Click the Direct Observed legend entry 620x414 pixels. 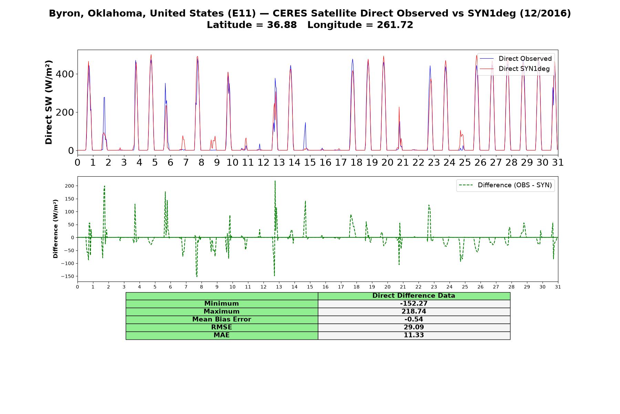516,59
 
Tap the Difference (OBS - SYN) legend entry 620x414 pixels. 505,185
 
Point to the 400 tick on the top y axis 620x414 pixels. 67,74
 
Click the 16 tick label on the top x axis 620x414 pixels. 325,162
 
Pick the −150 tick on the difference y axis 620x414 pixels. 68,276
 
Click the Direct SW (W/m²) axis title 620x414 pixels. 49,102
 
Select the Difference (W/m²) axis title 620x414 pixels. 55,229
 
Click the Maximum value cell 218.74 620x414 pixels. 414,312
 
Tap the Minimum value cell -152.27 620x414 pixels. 414,304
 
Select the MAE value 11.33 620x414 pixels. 414,335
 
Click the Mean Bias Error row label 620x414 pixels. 221,319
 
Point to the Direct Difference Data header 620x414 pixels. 414,296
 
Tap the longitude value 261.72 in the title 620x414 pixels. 395,25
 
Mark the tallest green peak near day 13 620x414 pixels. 275,181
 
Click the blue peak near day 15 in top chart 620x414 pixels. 305,122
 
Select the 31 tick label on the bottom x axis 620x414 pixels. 558,287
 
